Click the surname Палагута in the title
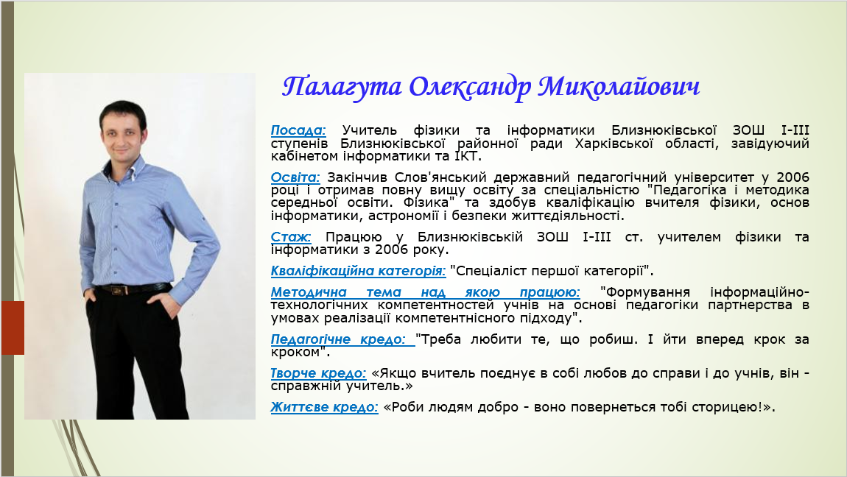pyautogui.click(x=342, y=87)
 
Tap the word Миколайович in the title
pyautogui.click(x=619, y=87)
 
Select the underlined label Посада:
pyautogui.click(x=298, y=130)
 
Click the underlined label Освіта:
pyautogui.click(x=295, y=177)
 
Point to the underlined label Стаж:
pyautogui.click(x=291, y=237)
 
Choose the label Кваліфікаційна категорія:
pyautogui.click(x=358, y=271)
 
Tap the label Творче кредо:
pyautogui.click(x=318, y=373)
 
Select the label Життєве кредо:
pyautogui.click(x=324, y=407)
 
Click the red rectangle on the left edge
pyautogui.click(x=13, y=328)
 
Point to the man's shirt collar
pyautogui.click(x=127, y=166)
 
